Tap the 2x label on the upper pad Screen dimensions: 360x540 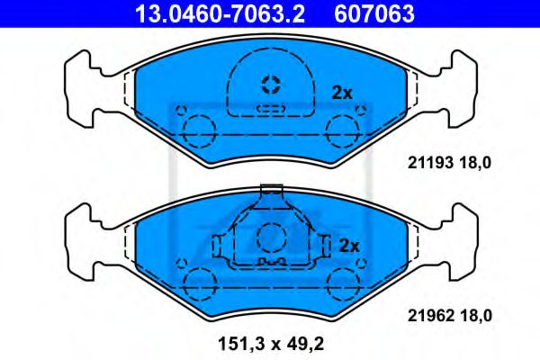pos(341,92)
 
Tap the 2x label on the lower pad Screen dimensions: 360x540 pos(348,245)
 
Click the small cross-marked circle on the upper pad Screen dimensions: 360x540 pos(270,85)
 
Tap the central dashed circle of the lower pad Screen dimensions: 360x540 pos(270,238)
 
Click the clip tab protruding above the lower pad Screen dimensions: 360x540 pos(270,191)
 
